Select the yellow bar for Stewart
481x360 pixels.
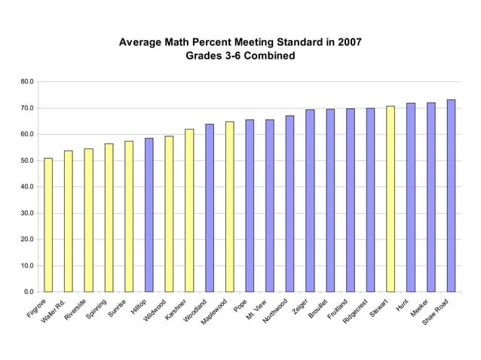pyautogui.click(x=391, y=199)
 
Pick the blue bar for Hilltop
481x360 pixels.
pyautogui.click(x=149, y=215)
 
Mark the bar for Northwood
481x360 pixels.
pyautogui.click(x=290, y=203)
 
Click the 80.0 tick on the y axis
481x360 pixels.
pyautogui.click(x=26, y=81)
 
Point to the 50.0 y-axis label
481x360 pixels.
pyautogui.click(x=26, y=160)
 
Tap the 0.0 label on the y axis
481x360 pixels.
pyautogui.click(x=28, y=291)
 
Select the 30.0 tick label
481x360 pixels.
pyautogui.click(x=26, y=213)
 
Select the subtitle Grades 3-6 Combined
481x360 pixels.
pyautogui.click(x=240, y=56)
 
